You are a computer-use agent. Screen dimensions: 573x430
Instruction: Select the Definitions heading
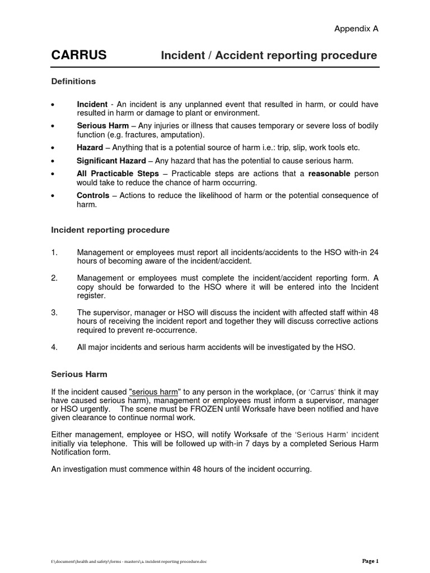pos(73,82)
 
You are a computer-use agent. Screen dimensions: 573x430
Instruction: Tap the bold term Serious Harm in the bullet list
pos(102,126)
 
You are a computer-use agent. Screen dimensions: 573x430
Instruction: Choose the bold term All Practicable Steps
pos(118,174)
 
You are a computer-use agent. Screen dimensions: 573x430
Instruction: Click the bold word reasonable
pos(329,174)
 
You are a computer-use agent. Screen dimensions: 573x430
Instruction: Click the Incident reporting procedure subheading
pos(110,230)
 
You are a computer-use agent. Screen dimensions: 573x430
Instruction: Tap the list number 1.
pos(54,252)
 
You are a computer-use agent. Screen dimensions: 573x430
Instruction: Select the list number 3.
pos(54,312)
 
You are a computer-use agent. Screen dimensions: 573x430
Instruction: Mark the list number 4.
pos(54,347)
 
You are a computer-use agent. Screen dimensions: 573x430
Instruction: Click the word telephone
pos(107,444)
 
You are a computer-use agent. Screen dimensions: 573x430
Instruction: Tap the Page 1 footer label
pos(370,561)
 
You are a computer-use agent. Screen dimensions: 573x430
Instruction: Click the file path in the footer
pos(129,561)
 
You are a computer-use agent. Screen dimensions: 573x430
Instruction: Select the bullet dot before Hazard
pos(52,148)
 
